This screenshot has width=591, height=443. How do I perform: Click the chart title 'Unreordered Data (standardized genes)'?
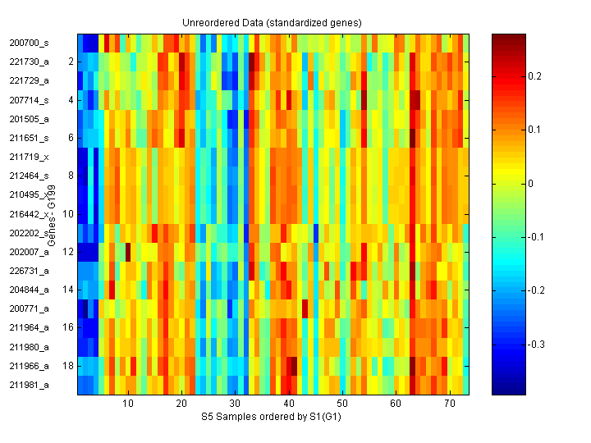coord(272,22)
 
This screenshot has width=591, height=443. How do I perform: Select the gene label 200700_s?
coord(29,42)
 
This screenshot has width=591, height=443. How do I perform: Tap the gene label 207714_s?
coord(29,99)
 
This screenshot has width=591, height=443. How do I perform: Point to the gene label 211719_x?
coord(29,156)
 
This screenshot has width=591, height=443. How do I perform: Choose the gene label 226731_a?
coord(29,270)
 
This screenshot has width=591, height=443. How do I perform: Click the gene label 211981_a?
coord(29,384)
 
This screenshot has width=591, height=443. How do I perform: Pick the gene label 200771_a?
coord(29,308)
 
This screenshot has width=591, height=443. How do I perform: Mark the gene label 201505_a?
coord(29,118)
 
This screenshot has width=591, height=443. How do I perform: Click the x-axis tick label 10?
coord(128,404)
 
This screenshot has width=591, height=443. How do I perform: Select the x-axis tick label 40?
coord(289,404)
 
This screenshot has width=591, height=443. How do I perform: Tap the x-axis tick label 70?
coord(450,404)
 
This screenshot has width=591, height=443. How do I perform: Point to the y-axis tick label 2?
coord(71,62)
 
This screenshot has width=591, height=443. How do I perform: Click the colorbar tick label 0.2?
coord(534,76)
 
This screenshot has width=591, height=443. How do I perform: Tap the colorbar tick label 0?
coord(531,183)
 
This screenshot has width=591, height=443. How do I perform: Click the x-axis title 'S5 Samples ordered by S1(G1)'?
coord(272,417)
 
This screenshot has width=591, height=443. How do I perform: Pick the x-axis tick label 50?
coord(342,404)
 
